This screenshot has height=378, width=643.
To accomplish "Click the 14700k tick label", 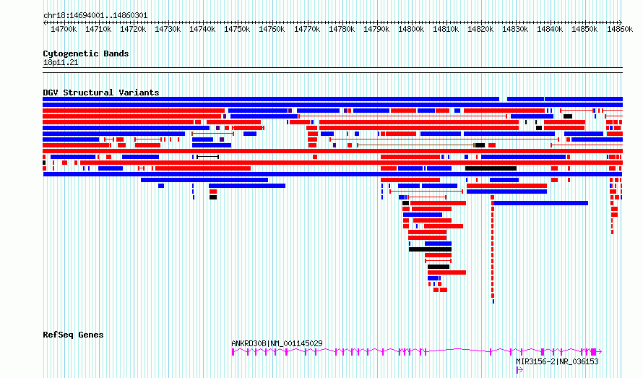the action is [x=64, y=29].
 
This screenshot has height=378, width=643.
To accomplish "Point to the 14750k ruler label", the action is [x=237, y=29].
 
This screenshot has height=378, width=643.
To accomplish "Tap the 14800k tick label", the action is [x=411, y=29].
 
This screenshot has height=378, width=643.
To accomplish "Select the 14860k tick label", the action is [x=620, y=29].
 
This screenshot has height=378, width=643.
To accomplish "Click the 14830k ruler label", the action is [x=515, y=29].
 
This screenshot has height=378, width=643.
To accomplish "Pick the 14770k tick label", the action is [x=307, y=29].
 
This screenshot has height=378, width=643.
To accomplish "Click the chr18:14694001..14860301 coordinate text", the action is [x=95, y=16].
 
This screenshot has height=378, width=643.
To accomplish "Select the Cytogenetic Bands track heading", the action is [x=86, y=53].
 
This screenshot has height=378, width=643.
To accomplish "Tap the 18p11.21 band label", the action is [x=61, y=63].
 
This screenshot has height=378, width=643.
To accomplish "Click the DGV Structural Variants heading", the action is [x=101, y=93].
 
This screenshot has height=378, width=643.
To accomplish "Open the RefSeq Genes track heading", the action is [x=73, y=335].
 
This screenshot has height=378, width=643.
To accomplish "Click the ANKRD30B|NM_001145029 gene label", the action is [x=277, y=343].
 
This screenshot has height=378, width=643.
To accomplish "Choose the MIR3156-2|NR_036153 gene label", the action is [x=557, y=361].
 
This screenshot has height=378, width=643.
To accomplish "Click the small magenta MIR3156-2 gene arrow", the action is [x=519, y=370].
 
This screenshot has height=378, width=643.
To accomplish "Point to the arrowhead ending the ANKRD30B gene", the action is [x=600, y=351].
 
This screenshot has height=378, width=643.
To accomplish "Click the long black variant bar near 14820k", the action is [x=491, y=168].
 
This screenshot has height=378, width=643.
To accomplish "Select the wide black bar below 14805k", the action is [x=430, y=249].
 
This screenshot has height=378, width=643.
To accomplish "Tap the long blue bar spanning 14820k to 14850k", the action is [x=541, y=203].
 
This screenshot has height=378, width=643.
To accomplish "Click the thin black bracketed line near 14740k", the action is [x=208, y=157].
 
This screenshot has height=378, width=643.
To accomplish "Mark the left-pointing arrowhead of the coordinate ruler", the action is [x=45, y=22].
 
